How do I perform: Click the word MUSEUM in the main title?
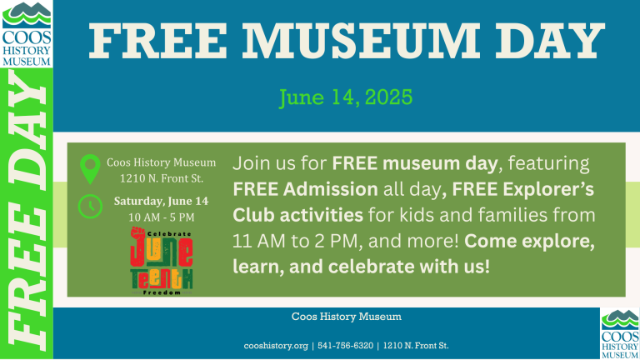pyautogui.click(x=361, y=41)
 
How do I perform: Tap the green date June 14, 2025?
pyautogui.click(x=346, y=97)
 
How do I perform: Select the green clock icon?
pyautogui.click(x=90, y=207)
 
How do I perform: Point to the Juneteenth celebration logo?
pyautogui.click(x=162, y=261)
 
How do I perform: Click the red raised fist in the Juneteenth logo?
pyautogui.click(x=138, y=234)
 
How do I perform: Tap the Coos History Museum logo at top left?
pyautogui.click(x=27, y=34)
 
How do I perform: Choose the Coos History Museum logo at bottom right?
pyautogui.click(x=620, y=334)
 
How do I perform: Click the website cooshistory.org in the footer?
pyautogui.click(x=276, y=346)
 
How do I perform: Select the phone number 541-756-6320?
pyautogui.click(x=345, y=346)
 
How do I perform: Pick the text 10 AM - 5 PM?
pyautogui.click(x=162, y=217)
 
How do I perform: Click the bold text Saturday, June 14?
pyautogui.click(x=161, y=201)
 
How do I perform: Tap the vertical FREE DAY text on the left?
pyautogui.click(x=27, y=213)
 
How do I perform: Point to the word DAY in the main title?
pyautogui.click(x=550, y=41)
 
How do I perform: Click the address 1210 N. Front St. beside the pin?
pyautogui.click(x=162, y=179)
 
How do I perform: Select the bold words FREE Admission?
pyautogui.click(x=305, y=189)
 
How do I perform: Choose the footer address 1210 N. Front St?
pyautogui.click(x=416, y=346)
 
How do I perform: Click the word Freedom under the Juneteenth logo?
pyautogui.click(x=162, y=292)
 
